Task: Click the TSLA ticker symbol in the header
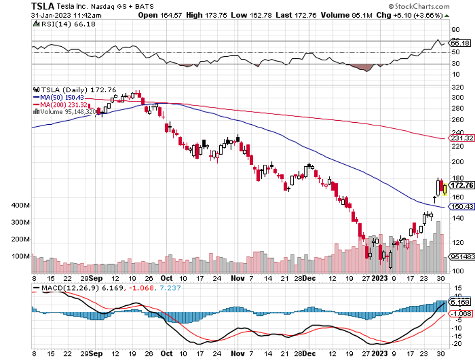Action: [43, 6]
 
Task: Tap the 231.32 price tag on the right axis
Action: [461, 138]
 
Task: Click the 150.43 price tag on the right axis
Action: [461, 207]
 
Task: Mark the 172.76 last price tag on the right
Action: [461, 186]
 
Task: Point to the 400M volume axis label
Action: [20, 205]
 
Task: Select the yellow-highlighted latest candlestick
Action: [445, 189]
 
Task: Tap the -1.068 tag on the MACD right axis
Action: [461, 313]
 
